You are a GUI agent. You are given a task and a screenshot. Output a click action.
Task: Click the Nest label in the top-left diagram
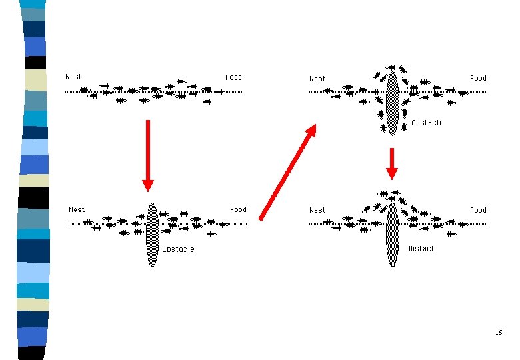(x=73, y=77)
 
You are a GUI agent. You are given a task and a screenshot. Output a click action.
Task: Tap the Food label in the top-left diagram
(x=233, y=77)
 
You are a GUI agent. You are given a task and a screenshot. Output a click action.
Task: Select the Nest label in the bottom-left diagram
(x=77, y=209)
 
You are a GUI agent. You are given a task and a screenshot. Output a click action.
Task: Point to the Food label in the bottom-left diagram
(x=238, y=209)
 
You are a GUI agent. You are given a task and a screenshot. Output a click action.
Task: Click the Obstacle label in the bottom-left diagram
(x=179, y=249)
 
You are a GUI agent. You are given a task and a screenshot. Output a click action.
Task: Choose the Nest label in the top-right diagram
(x=317, y=79)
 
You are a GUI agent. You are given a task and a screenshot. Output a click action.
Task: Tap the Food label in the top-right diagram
(x=478, y=78)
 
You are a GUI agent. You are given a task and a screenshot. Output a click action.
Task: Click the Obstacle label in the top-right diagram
(x=427, y=123)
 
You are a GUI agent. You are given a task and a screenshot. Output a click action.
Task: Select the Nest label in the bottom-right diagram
(x=317, y=210)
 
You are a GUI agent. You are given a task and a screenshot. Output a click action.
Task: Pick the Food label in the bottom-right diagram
(x=478, y=210)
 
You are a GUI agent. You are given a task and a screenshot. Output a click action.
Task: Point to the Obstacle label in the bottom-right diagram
(x=422, y=249)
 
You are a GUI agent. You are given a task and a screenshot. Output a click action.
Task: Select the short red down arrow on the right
(x=392, y=163)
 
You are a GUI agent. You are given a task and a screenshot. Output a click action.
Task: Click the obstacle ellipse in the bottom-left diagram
(x=153, y=234)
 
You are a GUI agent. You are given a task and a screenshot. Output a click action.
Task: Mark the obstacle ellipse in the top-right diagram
(x=392, y=103)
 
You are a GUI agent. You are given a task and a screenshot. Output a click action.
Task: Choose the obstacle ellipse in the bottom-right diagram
(x=392, y=234)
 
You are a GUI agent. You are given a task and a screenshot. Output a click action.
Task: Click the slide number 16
(x=499, y=332)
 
